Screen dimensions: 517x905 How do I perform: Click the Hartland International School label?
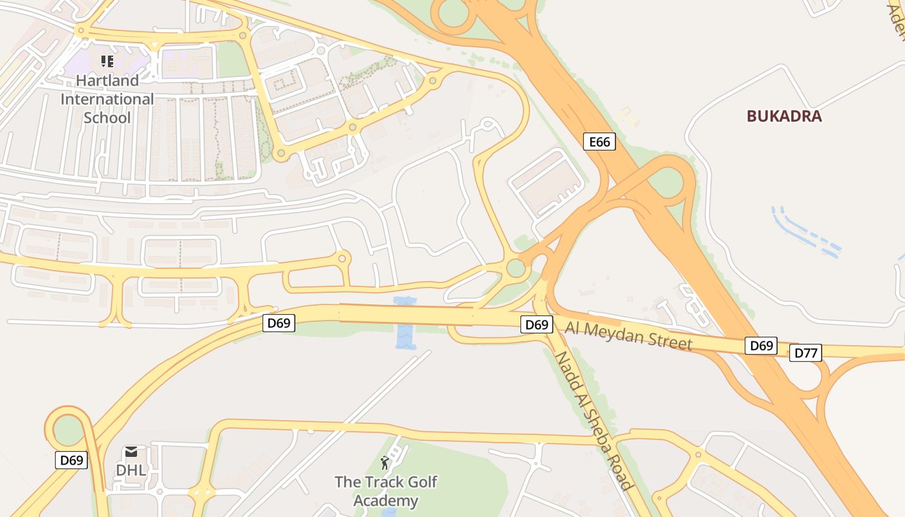pyautogui.click(x=107, y=99)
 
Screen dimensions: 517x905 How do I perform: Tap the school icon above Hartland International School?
pyautogui.click(x=107, y=61)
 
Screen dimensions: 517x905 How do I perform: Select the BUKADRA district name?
pyautogui.click(x=784, y=116)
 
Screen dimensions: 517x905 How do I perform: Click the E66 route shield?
pyautogui.click(x=599, y=142)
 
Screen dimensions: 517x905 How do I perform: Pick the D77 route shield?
pyautogui.click(x=805, y=353)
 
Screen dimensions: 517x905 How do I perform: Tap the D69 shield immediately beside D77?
pyautogui.click(x=761, y=346)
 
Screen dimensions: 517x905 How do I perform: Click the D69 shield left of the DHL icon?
pyautogui.click(x=71, y=460)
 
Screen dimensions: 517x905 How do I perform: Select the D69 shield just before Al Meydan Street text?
pyautogui.click(x=537, y=324)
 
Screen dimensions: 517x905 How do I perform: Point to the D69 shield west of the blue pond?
pyautogui.click(x=279, y=322)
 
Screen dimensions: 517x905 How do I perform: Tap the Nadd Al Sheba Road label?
pyautogui.click(x=593, y=421)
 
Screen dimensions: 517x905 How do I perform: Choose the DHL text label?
pyautogui.click(x=131, y=470)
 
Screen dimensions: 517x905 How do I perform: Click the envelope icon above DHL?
pyautogui.click(x=131, y=452)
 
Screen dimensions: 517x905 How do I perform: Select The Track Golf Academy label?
pyautogui.click(x=386, y=491)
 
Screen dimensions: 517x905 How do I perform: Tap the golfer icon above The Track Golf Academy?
pyautogui.click(x=385, y=463)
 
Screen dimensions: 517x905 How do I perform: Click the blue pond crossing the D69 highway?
pyautogui.click(x=405, y=322)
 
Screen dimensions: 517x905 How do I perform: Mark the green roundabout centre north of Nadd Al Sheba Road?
pyautogui.click(x=516, y=268)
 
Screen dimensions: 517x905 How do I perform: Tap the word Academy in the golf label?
pyautogui.click(x=386, y=500)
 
